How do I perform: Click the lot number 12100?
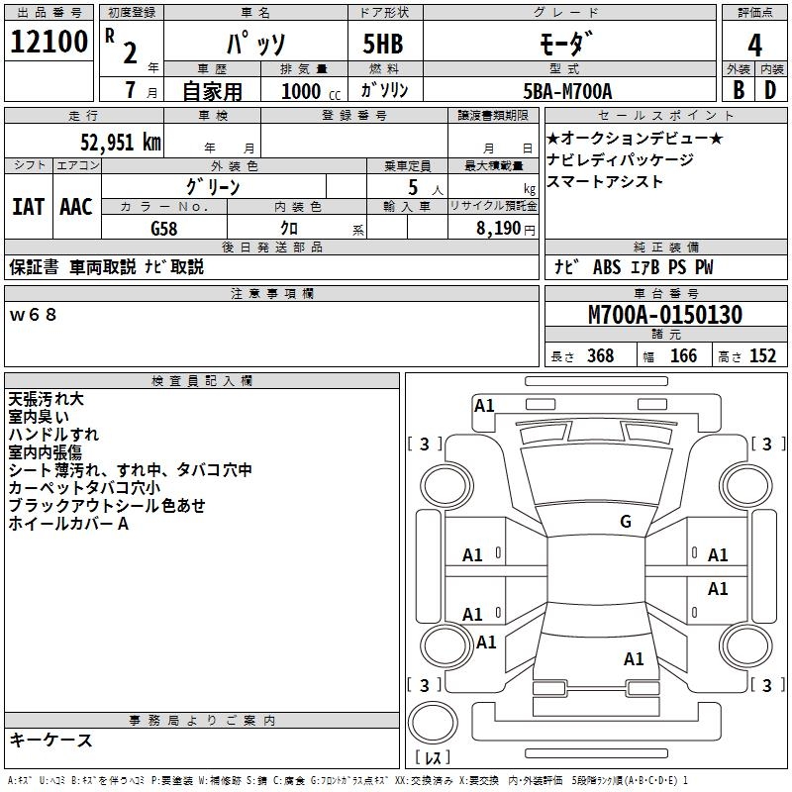49,45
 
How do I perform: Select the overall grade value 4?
754,45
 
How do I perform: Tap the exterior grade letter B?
738,90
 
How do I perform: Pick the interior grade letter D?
770,90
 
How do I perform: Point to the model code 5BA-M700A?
567,91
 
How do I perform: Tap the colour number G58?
164,227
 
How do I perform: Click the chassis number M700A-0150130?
664,315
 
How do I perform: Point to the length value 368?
599,355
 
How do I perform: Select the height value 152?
762,355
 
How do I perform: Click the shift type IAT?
28,207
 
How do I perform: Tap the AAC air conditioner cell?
75,207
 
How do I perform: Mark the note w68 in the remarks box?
34,315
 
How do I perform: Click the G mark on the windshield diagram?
625,521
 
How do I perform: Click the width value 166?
683,355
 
